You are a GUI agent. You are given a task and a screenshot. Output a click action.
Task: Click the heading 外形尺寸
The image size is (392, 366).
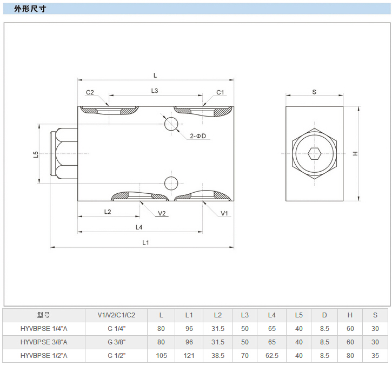pyautogui.click(x=30, y=8)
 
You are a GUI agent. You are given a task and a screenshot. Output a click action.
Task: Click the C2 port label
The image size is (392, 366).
pyautogui.click(x=90, y=92)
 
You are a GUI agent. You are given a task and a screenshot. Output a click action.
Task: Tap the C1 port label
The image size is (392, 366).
pyautogui.click(x=220, y=92)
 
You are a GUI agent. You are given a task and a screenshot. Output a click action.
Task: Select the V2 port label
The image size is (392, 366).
pyautogui.click(x=162, y=213)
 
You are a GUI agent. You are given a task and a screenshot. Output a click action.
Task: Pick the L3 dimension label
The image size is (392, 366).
pyautogui.click(x=155, y=91)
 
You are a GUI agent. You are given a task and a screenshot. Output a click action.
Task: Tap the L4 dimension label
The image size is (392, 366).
pyautogui.click(x=139, y=227)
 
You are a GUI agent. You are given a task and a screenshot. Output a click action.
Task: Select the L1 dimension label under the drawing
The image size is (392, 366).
pyautogui.click(x=145, y=242)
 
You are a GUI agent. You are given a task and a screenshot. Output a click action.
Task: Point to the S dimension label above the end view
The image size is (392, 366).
pyautogui.click(x=314, y=92)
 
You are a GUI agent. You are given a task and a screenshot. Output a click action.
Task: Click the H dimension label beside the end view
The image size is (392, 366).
pyautogui.click(x=355, y=154)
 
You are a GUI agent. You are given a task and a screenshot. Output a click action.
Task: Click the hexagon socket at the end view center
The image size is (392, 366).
pyautogui.click(x=314, y=154)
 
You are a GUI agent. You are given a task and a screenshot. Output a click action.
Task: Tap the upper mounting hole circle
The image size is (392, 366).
pyautogui.click(x=171, y=124)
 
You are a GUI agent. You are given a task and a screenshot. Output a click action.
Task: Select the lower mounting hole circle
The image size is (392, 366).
pyautogui.click(x=171, y=182)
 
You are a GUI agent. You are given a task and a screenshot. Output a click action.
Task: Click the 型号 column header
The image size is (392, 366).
pyautogui.click(x=43, y=315)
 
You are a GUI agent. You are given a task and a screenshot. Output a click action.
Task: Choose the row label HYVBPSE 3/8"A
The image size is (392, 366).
pyautogui.click(x=44, y=342)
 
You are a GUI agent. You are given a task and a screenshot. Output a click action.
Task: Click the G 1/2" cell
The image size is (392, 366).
pyautogui.click(x=116, y=356)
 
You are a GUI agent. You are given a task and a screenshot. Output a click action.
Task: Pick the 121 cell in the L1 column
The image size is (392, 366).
pyautogui.click(x=189, y=356)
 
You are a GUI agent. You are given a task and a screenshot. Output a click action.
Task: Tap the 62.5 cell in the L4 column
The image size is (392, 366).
pyautogui.click(x=272, y=356)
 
